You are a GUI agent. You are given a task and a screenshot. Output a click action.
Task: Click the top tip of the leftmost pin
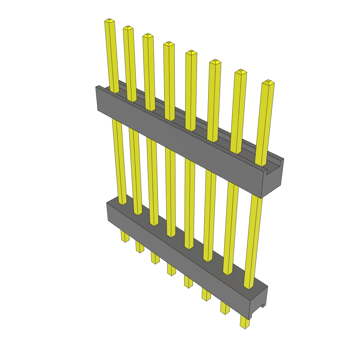110,21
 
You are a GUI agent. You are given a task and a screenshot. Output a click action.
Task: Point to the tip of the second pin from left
128,28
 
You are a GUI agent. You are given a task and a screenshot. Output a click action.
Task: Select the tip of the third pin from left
148,36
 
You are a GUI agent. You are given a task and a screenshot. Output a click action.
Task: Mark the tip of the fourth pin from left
169,44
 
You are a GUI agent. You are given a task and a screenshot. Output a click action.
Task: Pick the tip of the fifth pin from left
191,52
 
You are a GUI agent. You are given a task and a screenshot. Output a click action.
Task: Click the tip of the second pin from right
240,72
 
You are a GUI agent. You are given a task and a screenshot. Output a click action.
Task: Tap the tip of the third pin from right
215,62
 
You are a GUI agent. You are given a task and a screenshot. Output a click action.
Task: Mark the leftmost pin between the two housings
119,162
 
